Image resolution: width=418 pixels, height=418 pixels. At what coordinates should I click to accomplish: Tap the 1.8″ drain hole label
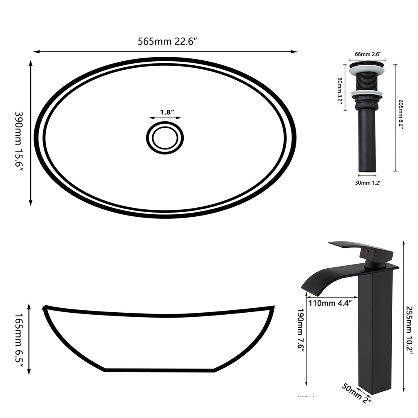(167, 112)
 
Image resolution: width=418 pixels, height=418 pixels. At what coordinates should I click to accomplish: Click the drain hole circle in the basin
(165, 138)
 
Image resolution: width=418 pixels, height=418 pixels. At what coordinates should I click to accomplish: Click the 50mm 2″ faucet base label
(356, 393)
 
